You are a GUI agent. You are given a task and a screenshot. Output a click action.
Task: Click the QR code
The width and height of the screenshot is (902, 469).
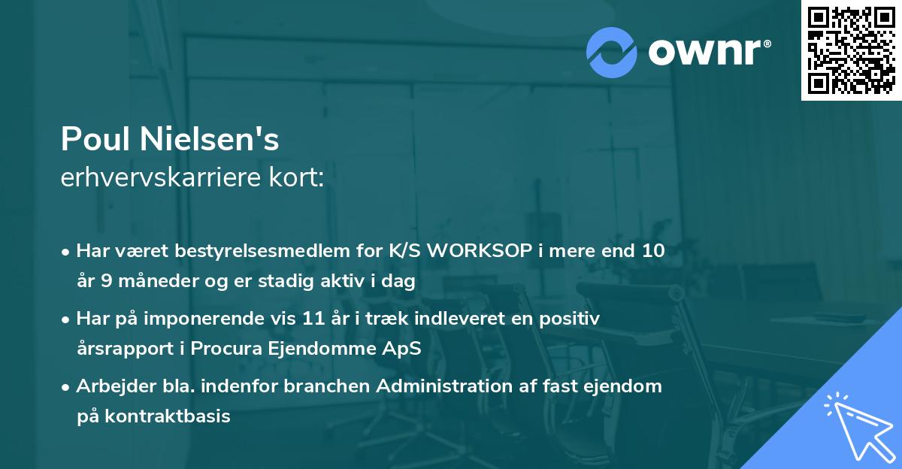tap(852, 50)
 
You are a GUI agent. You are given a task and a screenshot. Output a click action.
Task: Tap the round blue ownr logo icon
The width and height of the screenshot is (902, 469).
tap(611, 52)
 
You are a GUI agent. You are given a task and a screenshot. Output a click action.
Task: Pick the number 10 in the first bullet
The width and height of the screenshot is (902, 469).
tap(653, 250)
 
